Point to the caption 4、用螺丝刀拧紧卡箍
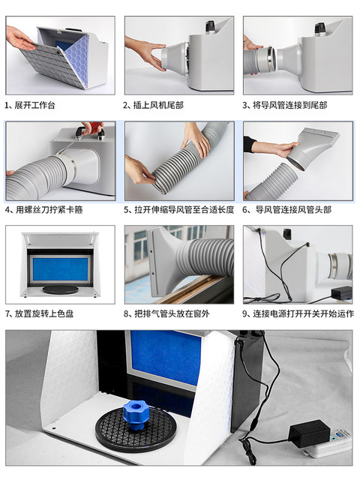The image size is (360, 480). tap(43, 209)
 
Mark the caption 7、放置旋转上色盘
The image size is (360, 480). tap(43, 313)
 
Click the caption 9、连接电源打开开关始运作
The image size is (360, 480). tap(298, 313)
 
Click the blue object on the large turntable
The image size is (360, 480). tap(139, 415)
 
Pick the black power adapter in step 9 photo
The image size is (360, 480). tap(341, 292)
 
